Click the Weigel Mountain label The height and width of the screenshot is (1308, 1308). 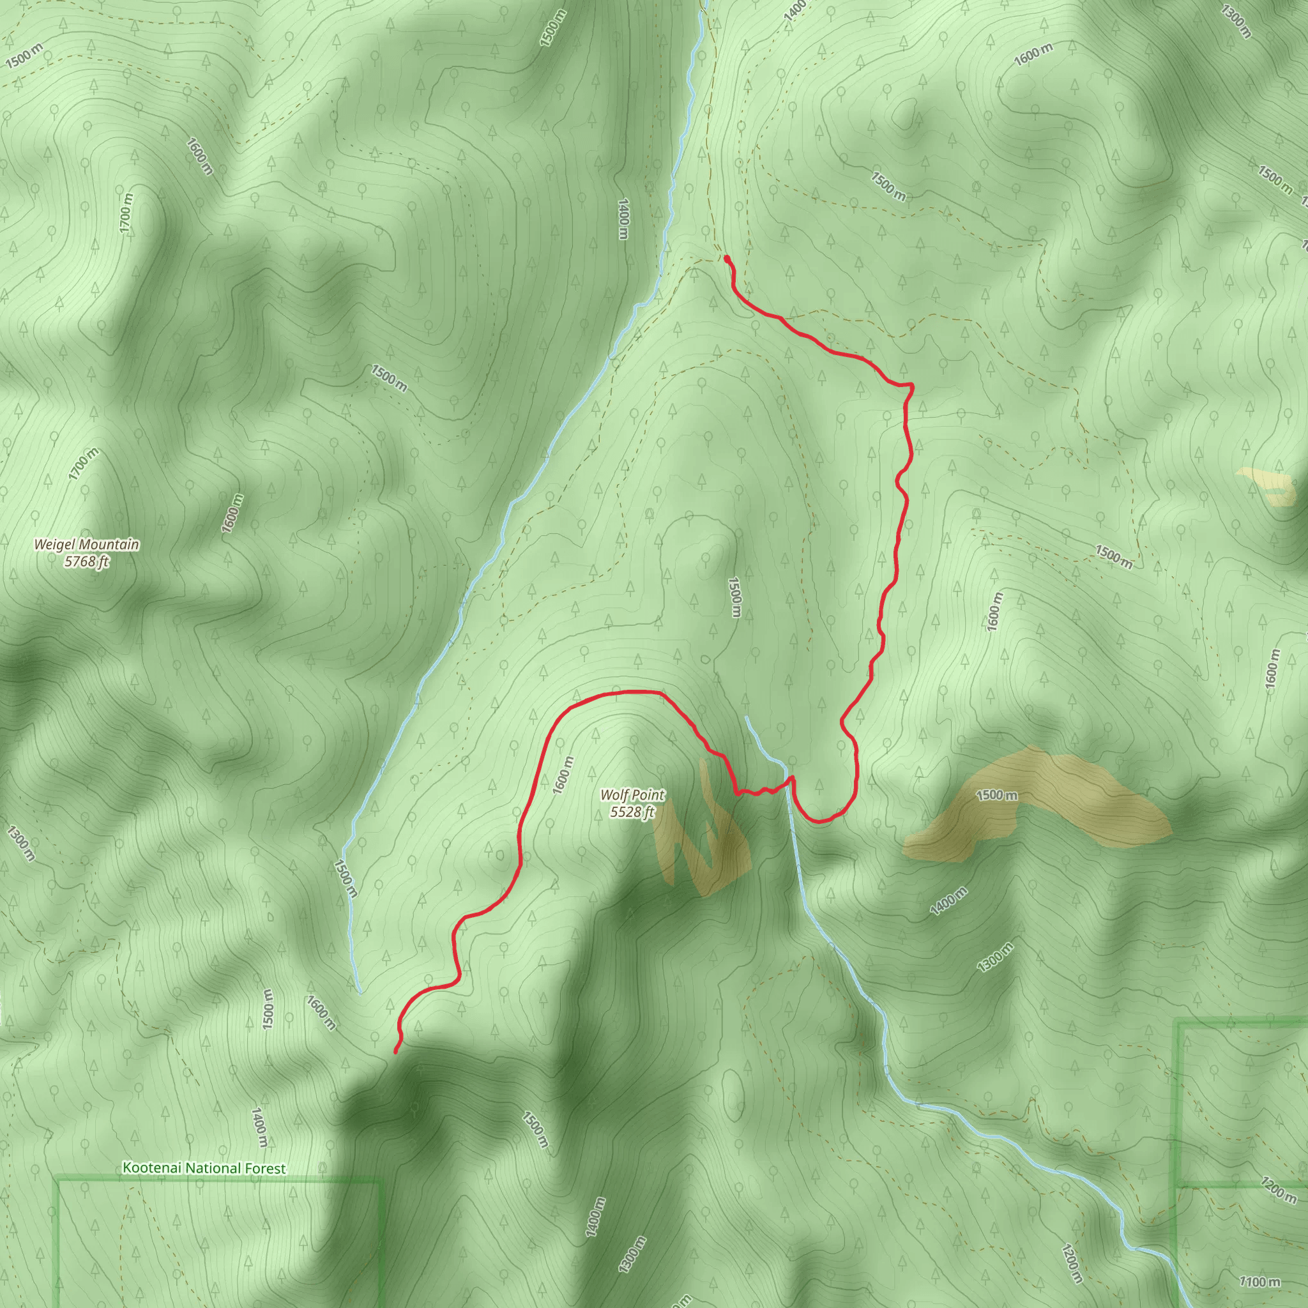87,544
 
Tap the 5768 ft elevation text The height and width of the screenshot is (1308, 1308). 87,561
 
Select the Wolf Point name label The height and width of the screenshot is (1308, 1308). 632,795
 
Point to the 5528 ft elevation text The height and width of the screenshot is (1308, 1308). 632,812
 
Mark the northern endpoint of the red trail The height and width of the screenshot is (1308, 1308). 726,259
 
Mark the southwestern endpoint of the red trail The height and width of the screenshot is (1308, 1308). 395,1051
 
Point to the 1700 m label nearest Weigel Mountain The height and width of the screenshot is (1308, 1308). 83,464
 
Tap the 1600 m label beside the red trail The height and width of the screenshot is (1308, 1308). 563,775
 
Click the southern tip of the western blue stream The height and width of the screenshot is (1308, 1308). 360,991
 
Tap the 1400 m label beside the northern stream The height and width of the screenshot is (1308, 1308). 623,218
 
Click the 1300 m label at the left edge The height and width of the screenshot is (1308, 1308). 20,843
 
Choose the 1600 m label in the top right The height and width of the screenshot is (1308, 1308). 1033,54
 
